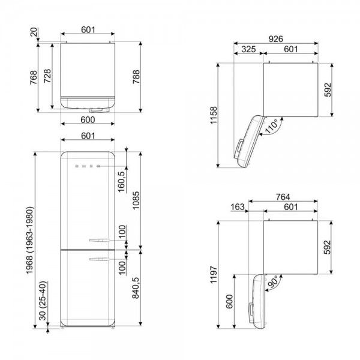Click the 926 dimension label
pos(276,39)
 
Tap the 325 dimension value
pos(248,49)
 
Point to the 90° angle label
pos(274,281)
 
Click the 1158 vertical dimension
pos(213,115)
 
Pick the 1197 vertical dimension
pos(213,275)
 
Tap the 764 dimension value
pos(283,197)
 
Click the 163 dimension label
pos(238,207)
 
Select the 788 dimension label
pos(136,77)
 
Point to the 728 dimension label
pos(47,76)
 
